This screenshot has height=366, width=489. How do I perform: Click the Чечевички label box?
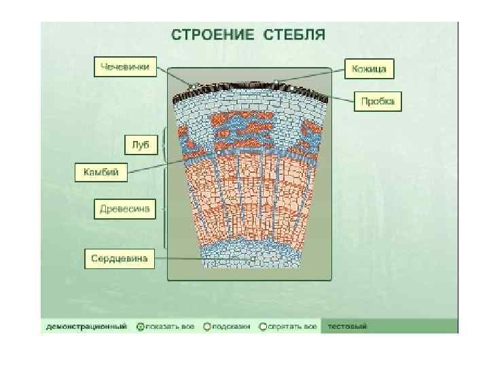(124, 67)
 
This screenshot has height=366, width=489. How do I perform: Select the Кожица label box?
(369, 68)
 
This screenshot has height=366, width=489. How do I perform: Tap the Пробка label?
(378, 102)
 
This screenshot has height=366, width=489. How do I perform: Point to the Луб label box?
(141, 144)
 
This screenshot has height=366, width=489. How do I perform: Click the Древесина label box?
(124, 209)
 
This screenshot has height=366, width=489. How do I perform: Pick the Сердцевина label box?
(120, 258)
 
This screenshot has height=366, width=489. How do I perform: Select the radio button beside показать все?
(141, 327)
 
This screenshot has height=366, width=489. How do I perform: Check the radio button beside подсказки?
(206, 327)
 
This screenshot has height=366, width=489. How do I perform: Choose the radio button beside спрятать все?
(272, 327)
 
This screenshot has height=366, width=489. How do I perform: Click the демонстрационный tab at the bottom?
(86, 327)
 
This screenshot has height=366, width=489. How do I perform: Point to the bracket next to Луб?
(164, 144)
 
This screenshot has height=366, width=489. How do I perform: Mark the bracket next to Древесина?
(164, 209)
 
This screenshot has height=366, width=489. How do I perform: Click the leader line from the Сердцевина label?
(204, 258)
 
